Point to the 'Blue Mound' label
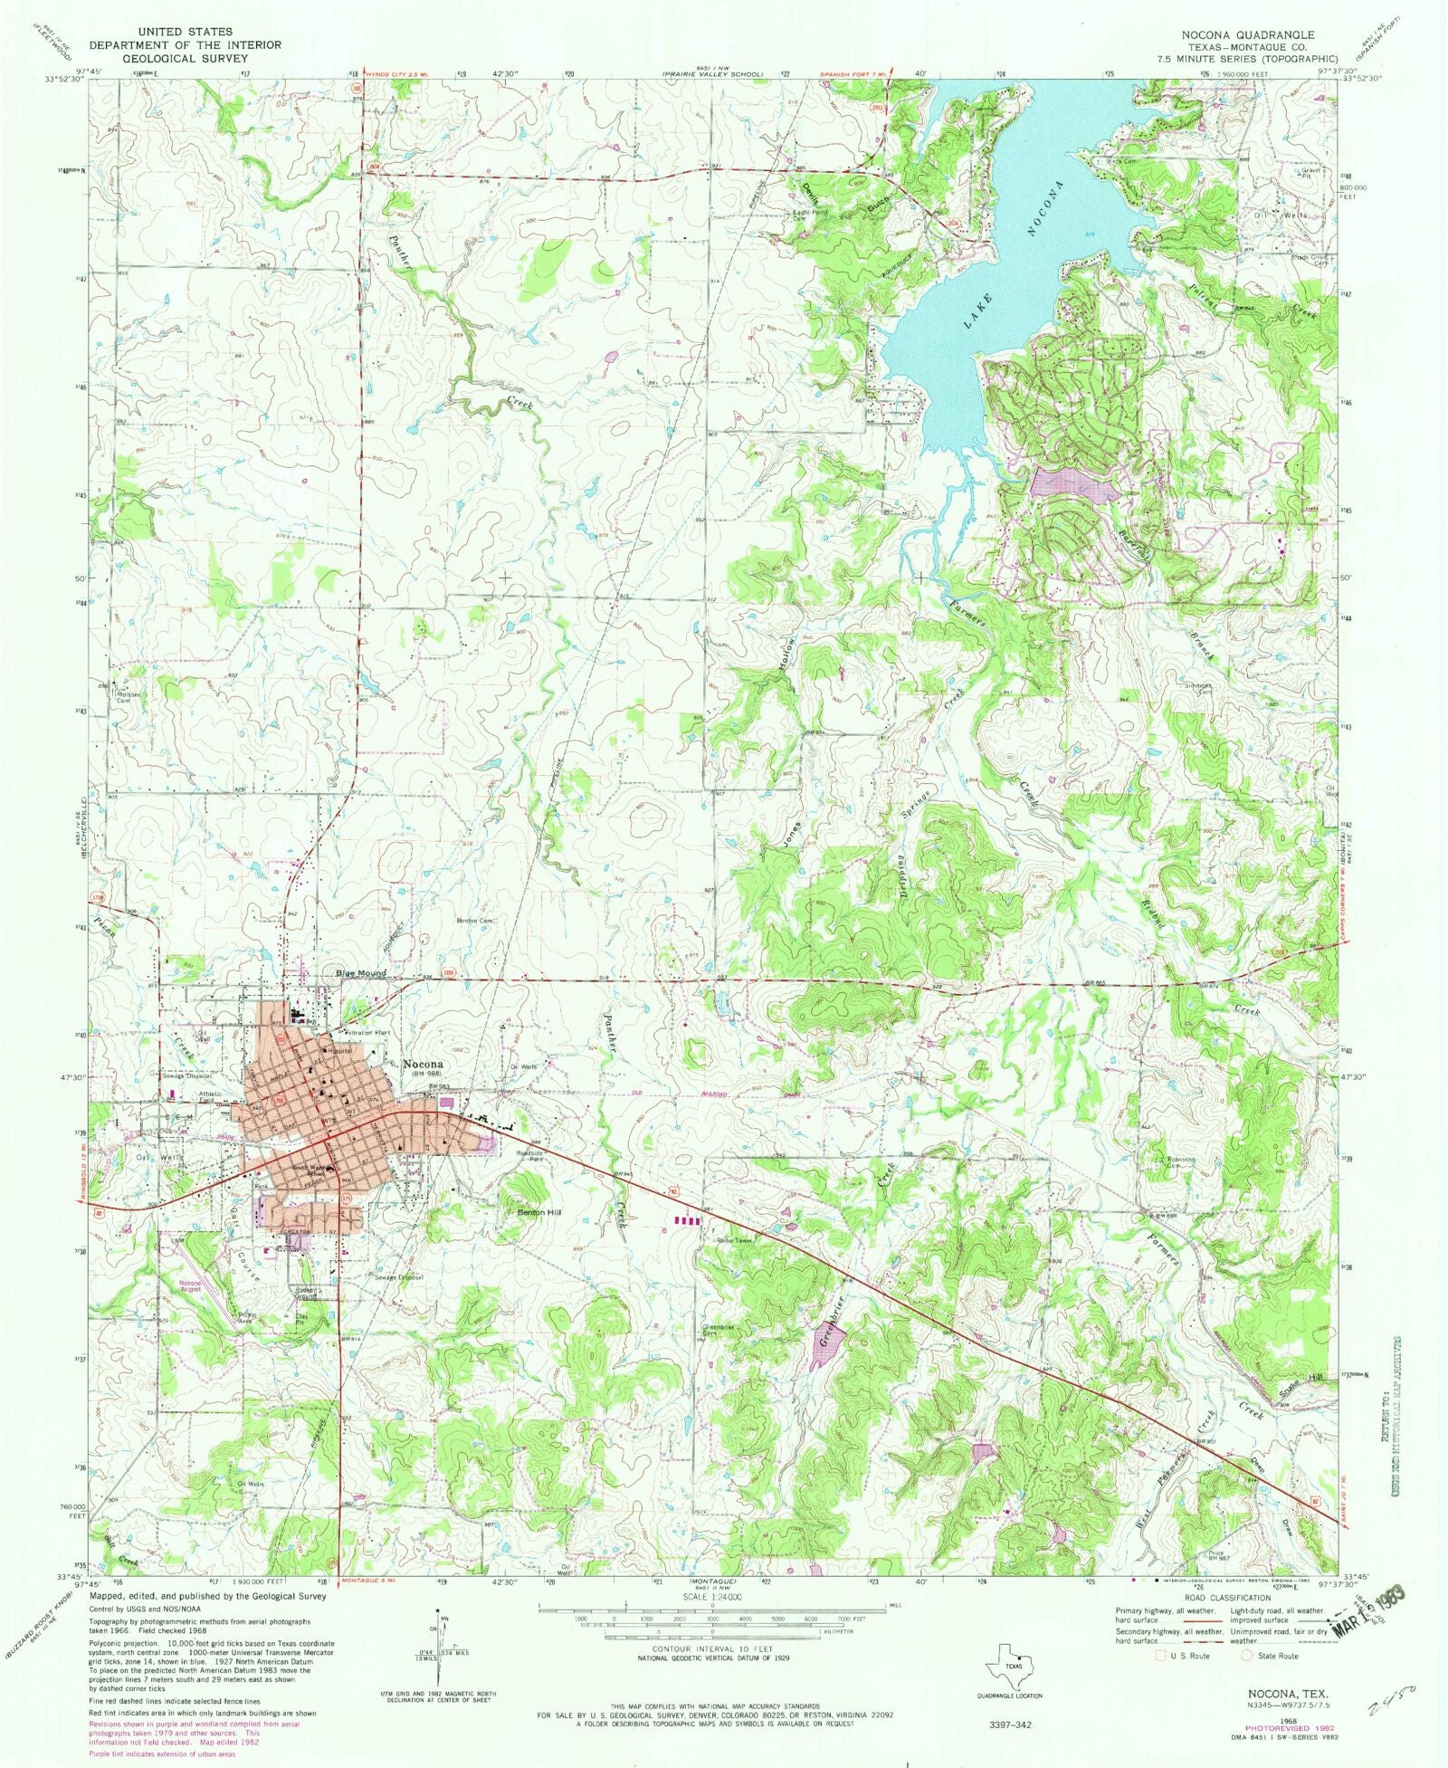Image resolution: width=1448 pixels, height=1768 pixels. pos(361,973)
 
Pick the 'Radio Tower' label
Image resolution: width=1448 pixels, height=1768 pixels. pos(734,1240)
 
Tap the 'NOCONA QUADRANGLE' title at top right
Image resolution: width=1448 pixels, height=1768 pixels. pos(1247,34)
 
